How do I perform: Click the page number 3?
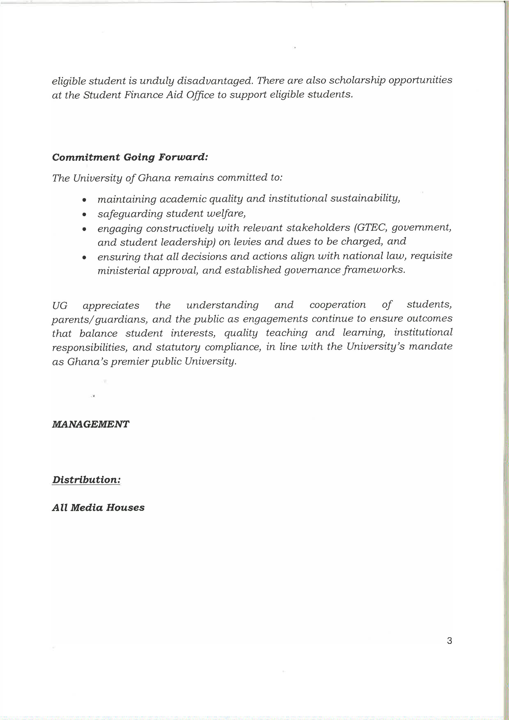tap(449, 641)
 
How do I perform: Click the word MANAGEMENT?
tap(90, 424)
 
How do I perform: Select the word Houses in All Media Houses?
tap(125, 508)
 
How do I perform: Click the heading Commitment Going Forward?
tap(130, 157)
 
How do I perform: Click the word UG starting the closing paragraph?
tap(60, 305)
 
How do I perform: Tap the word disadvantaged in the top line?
tap(215, 81)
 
